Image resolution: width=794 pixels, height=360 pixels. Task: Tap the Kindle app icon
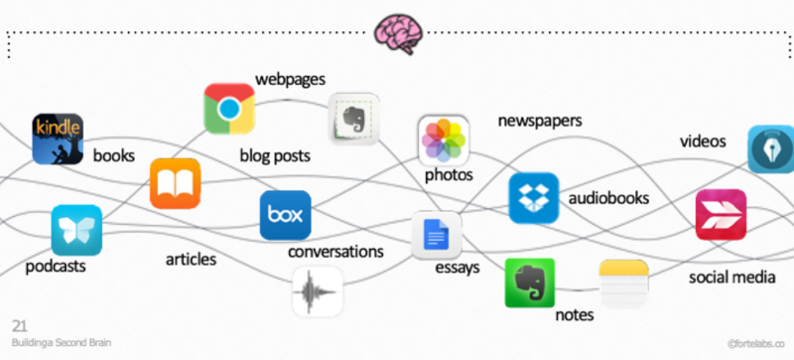(x=58, y=138)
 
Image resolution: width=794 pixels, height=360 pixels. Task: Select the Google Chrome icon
(x=229, y=108)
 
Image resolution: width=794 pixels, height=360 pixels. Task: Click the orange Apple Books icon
(x=175, y=184)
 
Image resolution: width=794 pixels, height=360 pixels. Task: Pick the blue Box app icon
(x=285, y=215)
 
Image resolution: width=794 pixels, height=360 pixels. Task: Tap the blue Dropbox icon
(x=533, y=198)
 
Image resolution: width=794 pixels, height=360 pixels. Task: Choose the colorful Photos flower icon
(x=443, y=140)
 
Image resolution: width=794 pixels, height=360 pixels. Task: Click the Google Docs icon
(x=436, y=235)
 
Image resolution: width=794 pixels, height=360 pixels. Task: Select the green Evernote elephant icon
(x=529, y=283)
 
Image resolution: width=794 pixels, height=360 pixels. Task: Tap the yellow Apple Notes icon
(x=624, y=284)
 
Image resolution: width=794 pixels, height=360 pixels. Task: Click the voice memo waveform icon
(x=317, y=292)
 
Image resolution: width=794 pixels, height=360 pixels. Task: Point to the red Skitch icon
(x=721, y=215)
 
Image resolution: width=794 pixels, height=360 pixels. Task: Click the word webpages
(x=290, y=79)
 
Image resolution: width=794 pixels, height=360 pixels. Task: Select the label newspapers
(x=540, y=121)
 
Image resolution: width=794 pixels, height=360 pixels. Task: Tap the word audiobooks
(x=609, y=198)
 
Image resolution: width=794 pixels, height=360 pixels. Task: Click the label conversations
(x=335, y=252)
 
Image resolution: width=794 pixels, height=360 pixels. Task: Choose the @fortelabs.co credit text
(x=756, y=344)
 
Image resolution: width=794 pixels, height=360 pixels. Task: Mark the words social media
(x=732, y=277)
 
